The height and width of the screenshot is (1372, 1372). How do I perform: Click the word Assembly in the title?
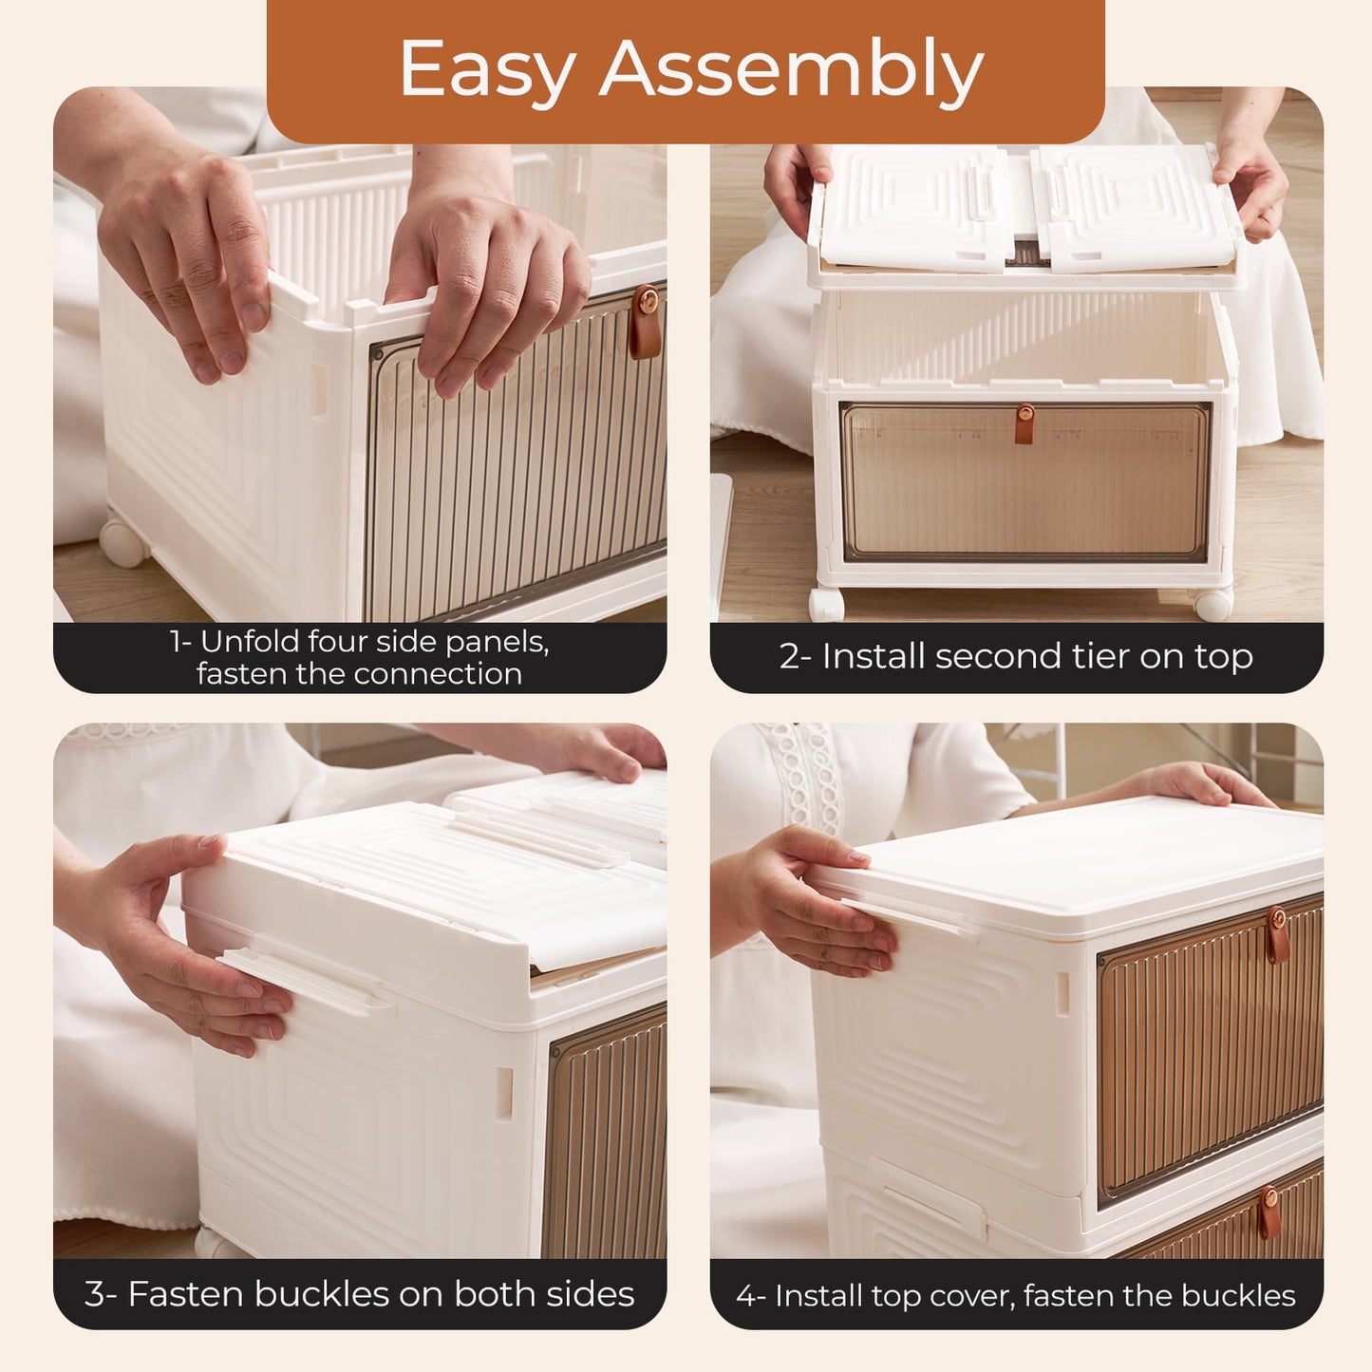pos(791,68)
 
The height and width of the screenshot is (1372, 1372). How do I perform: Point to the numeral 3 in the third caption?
pos(95,1294)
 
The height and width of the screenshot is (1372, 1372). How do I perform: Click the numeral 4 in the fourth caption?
pos(745,1296)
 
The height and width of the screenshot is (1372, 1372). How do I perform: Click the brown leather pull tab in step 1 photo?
pos(645,321)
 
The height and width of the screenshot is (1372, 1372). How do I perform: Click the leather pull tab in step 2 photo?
pos(1024,423)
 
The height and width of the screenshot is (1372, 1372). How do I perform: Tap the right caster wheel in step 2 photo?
pos(1213,604)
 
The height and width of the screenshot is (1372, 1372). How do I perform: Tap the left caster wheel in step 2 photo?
pos(827,605)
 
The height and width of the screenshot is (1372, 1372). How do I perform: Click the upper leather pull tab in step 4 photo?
pos(1277,935)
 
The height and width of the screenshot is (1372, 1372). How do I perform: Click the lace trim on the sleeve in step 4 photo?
pos(809,779)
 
